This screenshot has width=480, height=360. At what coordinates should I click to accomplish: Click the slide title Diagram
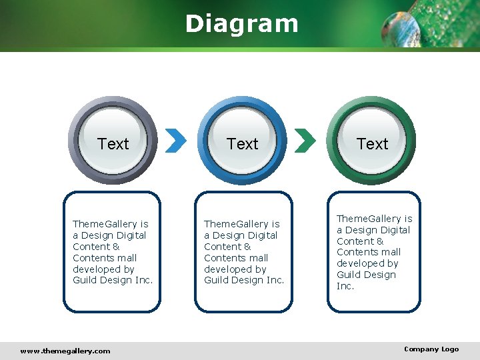(241, 24)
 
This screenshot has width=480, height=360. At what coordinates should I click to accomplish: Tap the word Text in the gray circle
(113, 144)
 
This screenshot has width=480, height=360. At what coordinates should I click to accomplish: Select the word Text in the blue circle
(242, 144)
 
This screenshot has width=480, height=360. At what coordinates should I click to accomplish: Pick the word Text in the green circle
(372, 144)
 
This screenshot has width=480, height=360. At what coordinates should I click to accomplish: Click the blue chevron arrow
(175, 141)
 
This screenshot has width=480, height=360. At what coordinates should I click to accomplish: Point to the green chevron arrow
(305, 141)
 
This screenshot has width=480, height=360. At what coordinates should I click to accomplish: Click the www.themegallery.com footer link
(65, 351)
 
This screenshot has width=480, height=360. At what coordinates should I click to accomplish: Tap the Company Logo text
(431, 349)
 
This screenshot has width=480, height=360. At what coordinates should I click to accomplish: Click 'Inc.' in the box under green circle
(345, 286)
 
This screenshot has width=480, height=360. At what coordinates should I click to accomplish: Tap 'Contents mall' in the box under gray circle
(105, 258)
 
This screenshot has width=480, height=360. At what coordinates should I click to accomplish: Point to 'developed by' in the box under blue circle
(235, 269)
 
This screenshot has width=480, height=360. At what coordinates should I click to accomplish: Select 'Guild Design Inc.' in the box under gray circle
(113, 280)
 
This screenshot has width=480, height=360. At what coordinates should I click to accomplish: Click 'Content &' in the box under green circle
(360, 241)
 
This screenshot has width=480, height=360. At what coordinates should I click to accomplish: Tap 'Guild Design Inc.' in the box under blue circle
(244, 280)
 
